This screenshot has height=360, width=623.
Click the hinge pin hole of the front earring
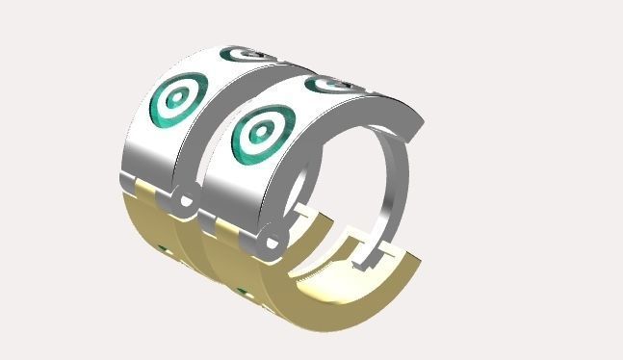[x=272, y=241]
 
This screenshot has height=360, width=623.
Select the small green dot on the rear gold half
[x=164, y=252]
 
